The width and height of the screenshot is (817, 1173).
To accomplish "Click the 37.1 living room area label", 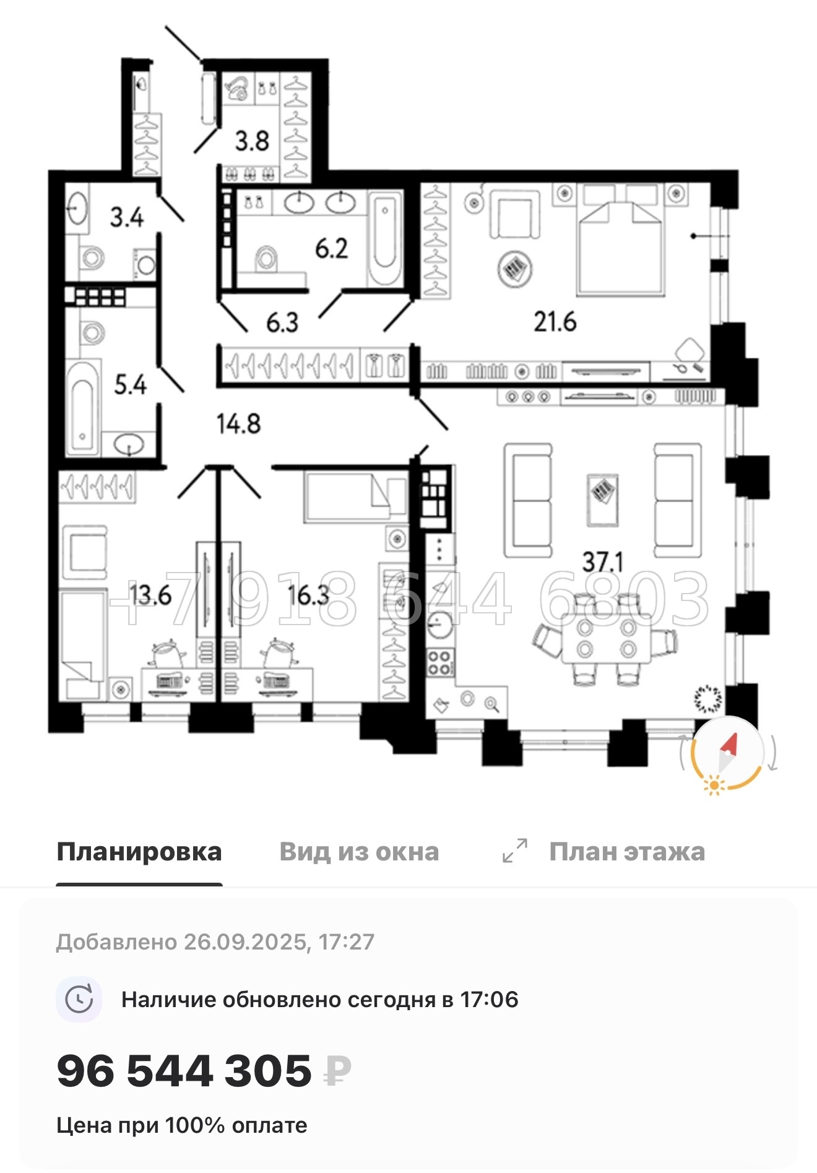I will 602,561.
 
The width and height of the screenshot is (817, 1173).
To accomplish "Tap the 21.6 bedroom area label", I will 555,322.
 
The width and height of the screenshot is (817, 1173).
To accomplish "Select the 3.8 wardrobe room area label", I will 252,141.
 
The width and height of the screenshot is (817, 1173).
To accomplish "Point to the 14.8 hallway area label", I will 238,425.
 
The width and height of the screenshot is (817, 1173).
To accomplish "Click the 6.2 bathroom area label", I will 331,249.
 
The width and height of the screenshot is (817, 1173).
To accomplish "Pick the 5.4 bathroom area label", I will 130,385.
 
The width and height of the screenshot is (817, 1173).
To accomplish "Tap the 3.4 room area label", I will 127,217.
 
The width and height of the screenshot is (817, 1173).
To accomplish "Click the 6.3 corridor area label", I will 282,322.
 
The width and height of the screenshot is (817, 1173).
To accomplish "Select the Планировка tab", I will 139,852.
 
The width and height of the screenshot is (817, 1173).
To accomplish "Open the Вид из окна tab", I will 359,852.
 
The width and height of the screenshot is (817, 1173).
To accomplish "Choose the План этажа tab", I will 626,852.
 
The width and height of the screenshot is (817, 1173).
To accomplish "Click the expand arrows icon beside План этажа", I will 515,851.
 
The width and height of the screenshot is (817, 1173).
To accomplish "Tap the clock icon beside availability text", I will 79,999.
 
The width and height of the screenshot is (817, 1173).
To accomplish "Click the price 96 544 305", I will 184,1071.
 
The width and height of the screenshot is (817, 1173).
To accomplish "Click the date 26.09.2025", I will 246,942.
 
